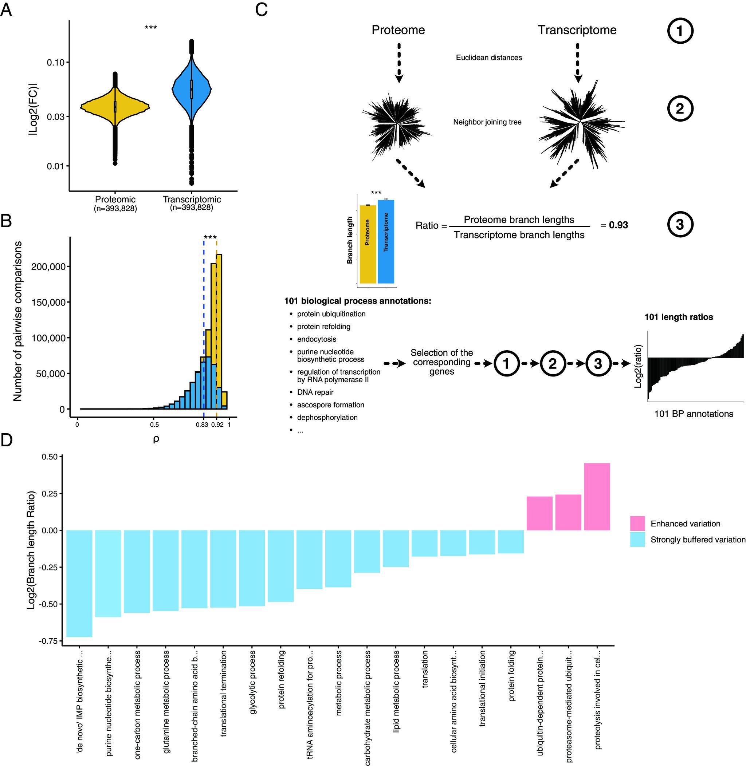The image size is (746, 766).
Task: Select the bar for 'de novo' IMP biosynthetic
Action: [79, 583]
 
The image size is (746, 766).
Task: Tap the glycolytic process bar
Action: [252, 568]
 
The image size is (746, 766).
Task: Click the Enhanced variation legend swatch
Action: [637, 523]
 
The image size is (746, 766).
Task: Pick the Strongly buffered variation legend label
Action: [698, 540]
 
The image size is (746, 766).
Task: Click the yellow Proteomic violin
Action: [115, 107]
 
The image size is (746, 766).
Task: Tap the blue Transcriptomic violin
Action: [192, 89]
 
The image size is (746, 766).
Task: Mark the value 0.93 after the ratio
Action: [618, 225]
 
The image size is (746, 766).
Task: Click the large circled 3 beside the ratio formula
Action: [680, 224]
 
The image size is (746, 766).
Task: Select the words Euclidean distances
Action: [488, 58]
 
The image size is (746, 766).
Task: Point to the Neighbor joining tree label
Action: [487, 122]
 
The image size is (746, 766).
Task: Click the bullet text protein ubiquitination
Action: [331, 314]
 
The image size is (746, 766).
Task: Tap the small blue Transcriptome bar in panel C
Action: [386, 241]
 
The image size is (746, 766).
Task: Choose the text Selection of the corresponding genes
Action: [441, 362]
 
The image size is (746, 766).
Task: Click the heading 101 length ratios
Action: [678, 317]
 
